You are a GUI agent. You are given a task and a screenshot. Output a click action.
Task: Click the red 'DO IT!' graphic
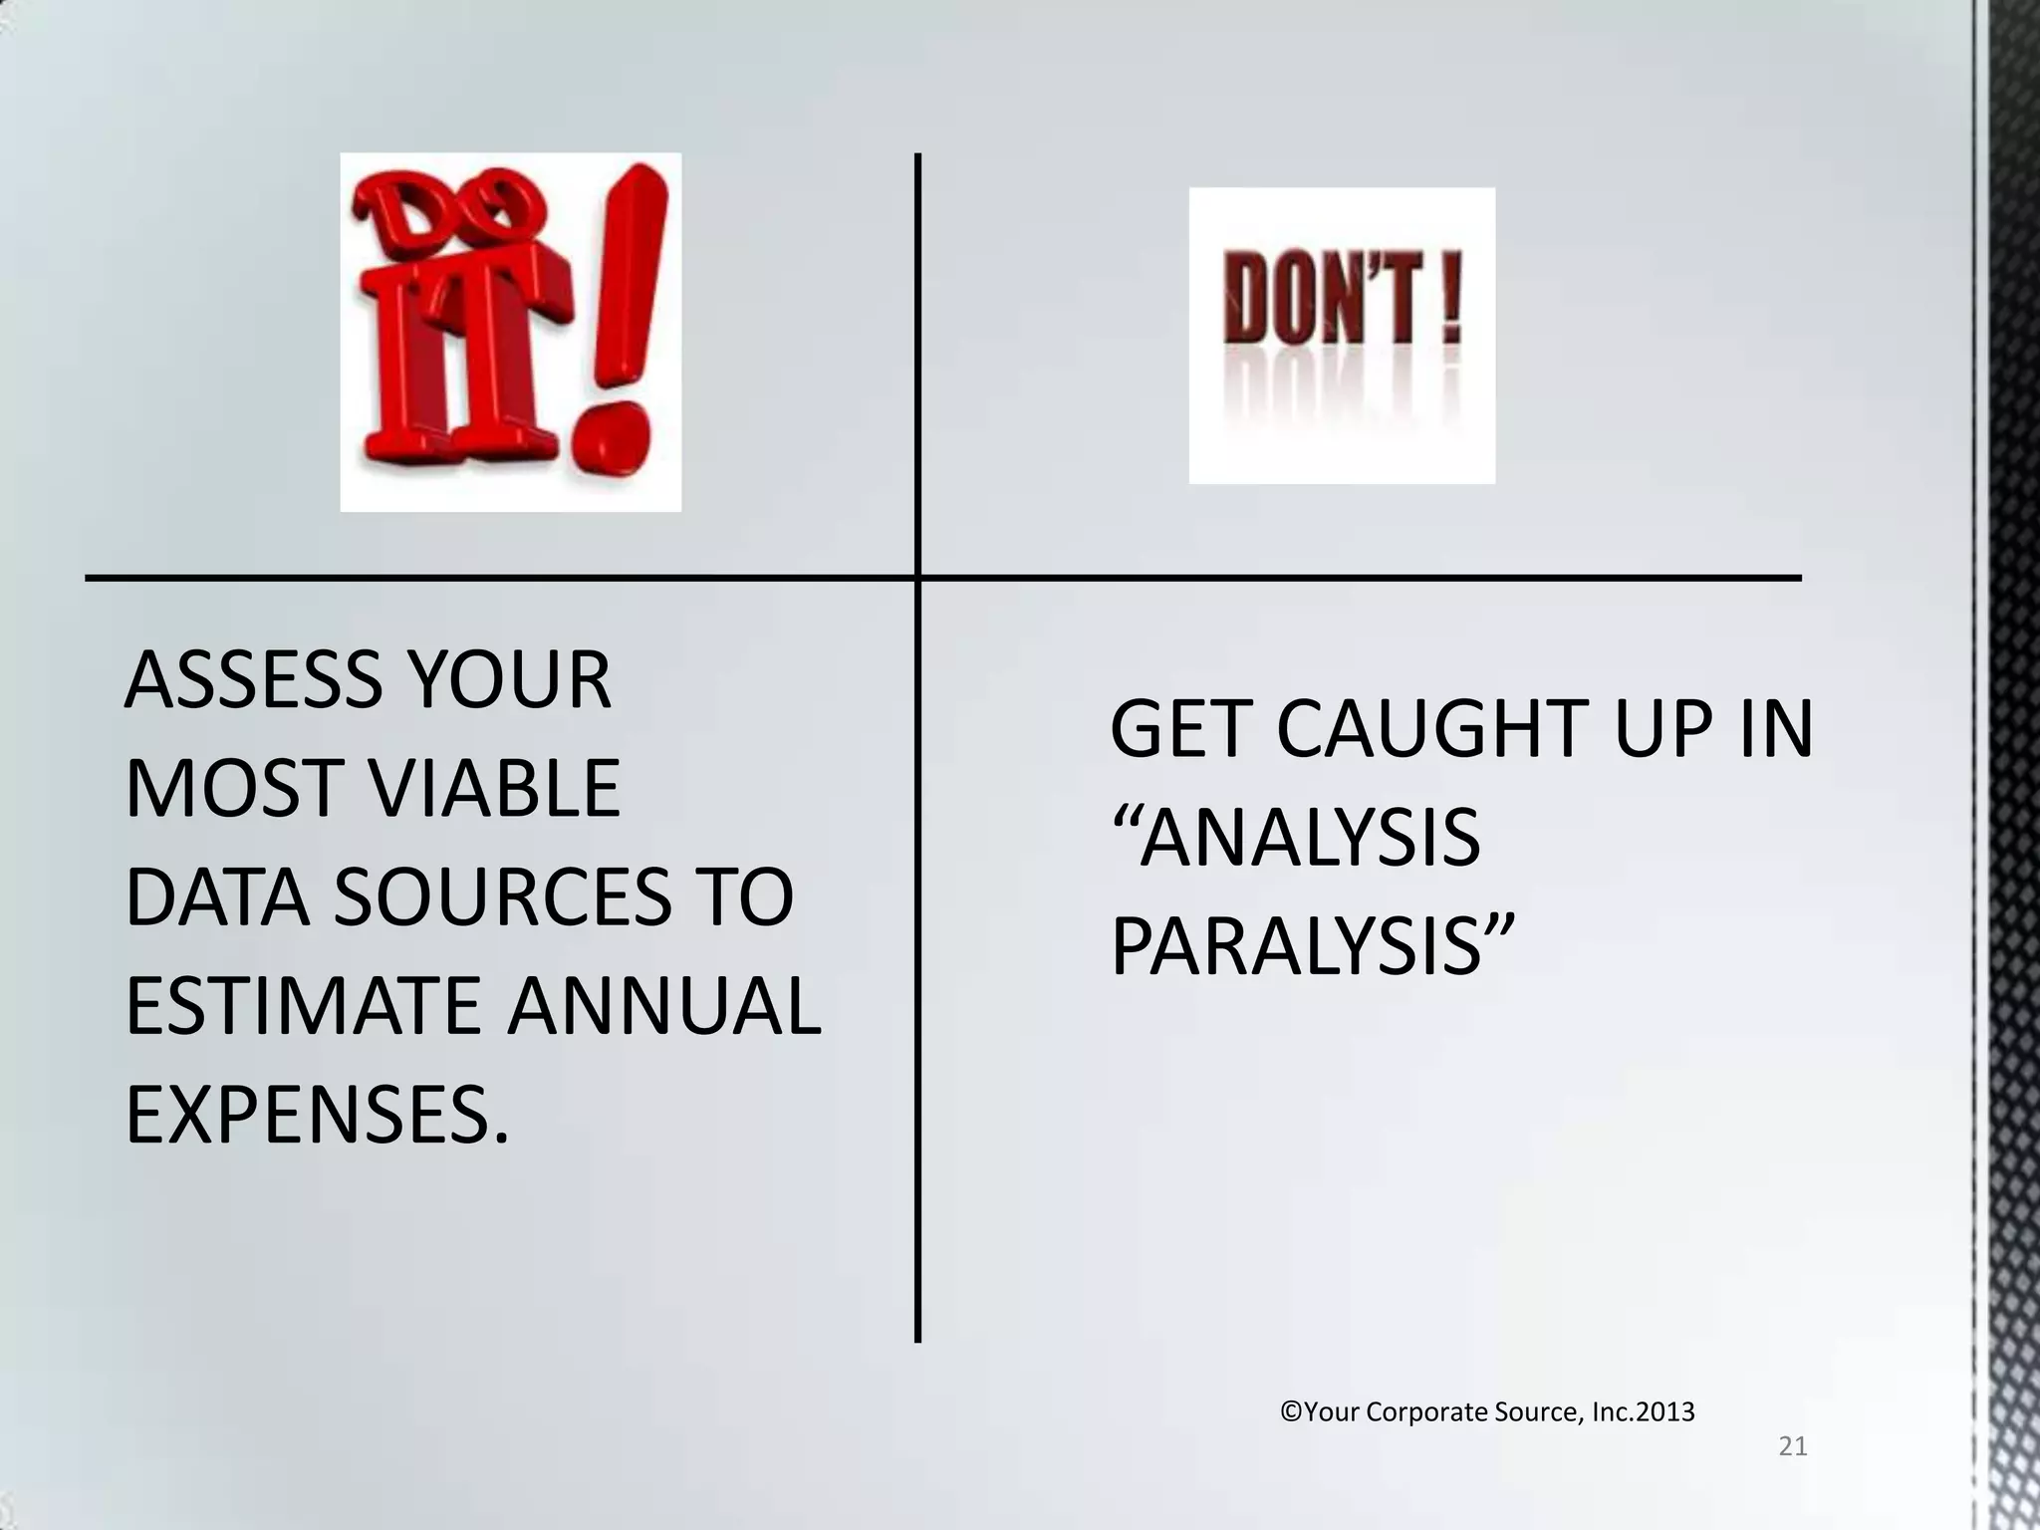[510, 332]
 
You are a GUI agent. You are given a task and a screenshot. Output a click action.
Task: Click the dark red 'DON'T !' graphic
[1342, 335]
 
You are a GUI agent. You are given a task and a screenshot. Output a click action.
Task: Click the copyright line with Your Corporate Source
[1486, 1412]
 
